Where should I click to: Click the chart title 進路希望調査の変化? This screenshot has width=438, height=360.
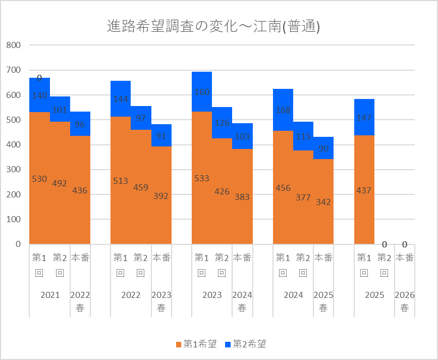coord(214,27)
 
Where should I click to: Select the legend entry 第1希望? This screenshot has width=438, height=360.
coord(196,344)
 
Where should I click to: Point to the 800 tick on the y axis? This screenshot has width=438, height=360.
coord(13,45)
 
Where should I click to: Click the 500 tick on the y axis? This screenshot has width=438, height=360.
coord(13,120)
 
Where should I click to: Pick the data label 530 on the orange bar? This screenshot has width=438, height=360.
coord(39,179)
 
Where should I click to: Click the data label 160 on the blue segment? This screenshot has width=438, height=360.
coord(202,92)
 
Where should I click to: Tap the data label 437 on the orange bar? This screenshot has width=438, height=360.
coord(364,191)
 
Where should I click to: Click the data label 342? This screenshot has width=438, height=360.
coord(323,202)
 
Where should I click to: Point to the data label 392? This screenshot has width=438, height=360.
coord(161,196)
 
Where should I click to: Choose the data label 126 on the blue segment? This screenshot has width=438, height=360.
coord(222,123)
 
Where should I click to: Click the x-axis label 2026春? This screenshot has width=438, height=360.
coord(404,301)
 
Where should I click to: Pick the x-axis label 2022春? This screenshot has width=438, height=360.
coord(80,301)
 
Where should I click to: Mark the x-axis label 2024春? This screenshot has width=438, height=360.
coord(242,301)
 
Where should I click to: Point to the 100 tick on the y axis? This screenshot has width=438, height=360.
coord(13,219)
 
